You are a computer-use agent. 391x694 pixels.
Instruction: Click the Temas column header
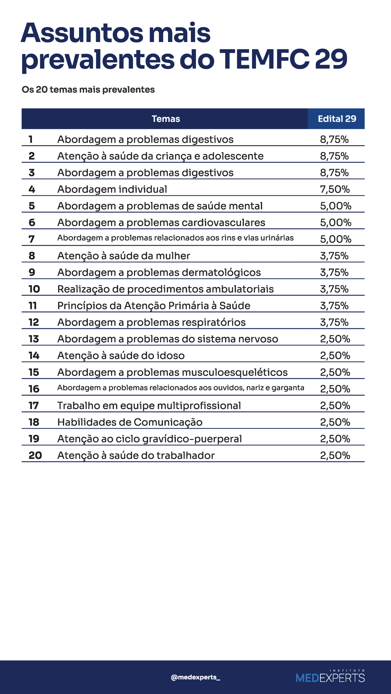[166, 119]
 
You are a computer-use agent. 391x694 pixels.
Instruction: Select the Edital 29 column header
[337, 119]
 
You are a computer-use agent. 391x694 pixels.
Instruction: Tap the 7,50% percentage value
[335, 189]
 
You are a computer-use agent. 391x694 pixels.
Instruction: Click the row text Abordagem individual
[112, 189]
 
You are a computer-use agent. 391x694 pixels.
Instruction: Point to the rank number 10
[34, 289]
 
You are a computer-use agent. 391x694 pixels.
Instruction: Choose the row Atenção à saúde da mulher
[124, 256]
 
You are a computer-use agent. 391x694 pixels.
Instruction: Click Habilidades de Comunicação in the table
[130, 422]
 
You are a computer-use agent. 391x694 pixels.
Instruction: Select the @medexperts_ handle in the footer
[195, 677]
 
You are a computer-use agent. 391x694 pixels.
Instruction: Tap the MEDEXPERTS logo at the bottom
[330, 677]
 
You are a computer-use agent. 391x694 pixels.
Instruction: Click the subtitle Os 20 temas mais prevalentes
[88, 89]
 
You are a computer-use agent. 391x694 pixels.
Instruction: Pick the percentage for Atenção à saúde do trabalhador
[335, 455]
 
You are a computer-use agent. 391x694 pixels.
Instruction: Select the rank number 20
[35, 455]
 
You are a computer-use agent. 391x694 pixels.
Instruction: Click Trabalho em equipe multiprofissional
[149, 406]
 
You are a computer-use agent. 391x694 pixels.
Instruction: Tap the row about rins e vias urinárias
[175, 238]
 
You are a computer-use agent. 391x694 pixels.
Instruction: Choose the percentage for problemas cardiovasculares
[336, 223]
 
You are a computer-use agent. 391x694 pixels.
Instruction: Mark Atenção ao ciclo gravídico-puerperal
[149, 439]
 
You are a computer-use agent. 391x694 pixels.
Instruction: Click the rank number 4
[32, 189]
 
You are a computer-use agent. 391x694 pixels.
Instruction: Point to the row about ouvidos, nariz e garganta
[181, 388]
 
